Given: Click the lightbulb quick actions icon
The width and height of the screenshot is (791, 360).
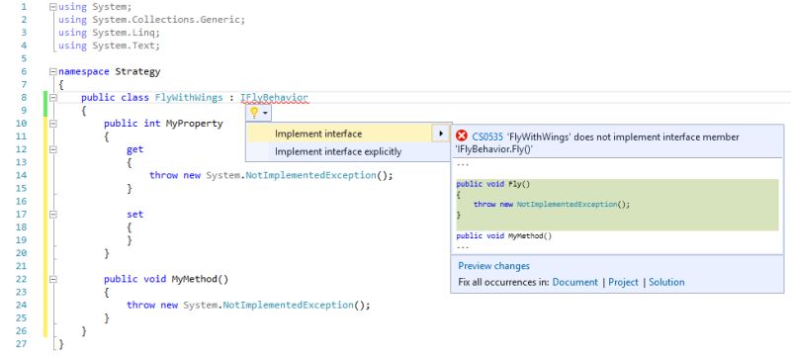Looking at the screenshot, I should point(252,113).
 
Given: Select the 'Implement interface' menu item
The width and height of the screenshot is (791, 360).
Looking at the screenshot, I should point(318,134).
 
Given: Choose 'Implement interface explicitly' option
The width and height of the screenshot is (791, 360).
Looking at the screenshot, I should point(338,151).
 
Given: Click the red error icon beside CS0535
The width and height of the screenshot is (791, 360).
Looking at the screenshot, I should point(462,135).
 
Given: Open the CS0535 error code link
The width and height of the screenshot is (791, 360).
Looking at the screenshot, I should point(487,136).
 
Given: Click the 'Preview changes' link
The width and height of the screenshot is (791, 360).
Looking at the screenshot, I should point(493,266).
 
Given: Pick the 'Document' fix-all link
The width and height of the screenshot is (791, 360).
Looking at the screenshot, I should point(574,282).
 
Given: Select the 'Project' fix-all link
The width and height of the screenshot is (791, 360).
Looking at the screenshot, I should point(623,282).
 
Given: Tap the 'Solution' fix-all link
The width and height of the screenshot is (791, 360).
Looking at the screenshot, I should point(666,282).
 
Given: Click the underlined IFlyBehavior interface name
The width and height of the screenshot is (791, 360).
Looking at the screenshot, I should point(274,97).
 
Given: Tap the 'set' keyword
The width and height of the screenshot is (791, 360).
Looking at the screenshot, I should point(134,214).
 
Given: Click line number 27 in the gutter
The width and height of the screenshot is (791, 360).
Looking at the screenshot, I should point(22,343).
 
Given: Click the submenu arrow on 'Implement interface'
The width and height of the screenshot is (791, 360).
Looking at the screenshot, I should point(440,134).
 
